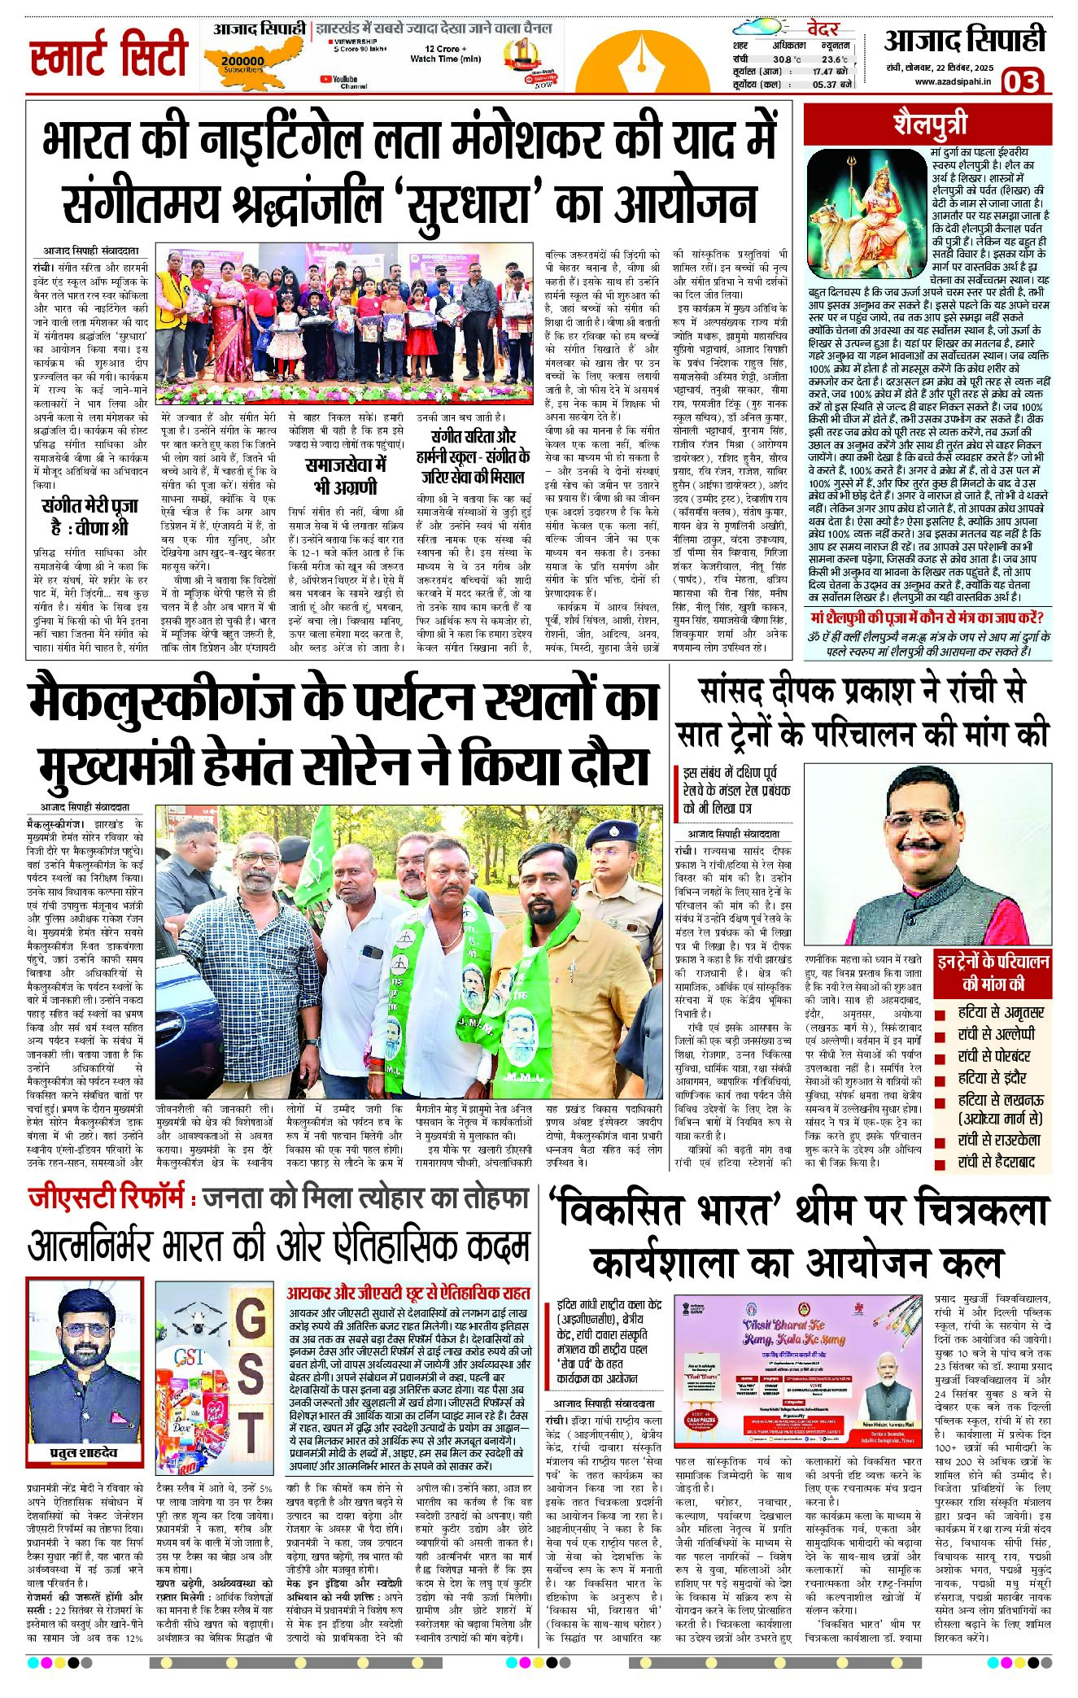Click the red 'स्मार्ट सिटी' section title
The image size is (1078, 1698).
click(108, 55)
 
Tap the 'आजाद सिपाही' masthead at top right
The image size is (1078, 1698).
click(964, 41)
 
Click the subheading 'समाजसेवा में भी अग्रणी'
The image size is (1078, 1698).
click(345, 476)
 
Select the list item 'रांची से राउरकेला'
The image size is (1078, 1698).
click(999, 1140)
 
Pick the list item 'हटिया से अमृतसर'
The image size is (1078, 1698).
click(1000, 1013)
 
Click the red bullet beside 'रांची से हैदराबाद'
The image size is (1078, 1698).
click(941, 1163)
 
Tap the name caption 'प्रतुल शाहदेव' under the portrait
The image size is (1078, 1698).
click(85, 1452)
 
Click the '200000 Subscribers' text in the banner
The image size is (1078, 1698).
click(242, 63)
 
